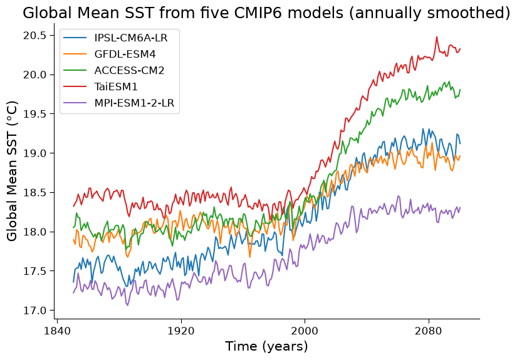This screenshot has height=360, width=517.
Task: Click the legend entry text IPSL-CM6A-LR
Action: click(x=131, y=38)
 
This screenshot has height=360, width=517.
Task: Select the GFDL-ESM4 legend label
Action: click(x=125, y=54)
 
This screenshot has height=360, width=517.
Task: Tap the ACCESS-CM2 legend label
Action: click(x=129, y=70)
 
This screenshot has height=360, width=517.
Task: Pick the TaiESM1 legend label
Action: click(x=116, y=86)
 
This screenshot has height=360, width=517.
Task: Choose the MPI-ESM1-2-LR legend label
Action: click(x=134, y=103)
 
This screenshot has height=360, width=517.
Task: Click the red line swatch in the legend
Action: click(x=75, y=86)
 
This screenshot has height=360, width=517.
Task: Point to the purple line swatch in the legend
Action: click(x=75, y=103)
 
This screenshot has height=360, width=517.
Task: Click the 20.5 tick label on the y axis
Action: click(x=34, y=36)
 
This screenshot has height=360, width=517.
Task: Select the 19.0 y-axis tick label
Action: click(x=34, y=153)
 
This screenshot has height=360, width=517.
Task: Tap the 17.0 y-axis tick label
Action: click(x=34, y=311)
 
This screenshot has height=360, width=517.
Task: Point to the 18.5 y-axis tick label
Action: click(x=34, y=193)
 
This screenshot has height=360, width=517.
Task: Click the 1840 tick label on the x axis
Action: click(x=57, y=331)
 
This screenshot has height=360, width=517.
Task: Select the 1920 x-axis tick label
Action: click(x=181, y=331)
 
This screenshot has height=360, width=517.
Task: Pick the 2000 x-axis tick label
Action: click(x=305, y=331)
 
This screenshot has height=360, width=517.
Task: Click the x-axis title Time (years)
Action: click(x=266, y=347)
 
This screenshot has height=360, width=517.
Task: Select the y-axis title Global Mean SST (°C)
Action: click(x=11, y=172)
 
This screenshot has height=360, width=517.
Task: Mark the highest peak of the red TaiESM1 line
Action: click(x=437, y=37)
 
